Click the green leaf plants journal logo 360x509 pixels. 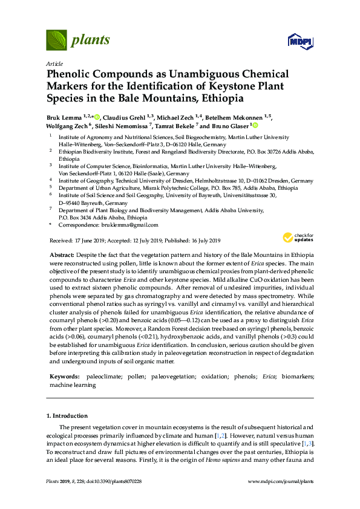point(56,40)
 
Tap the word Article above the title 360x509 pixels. point(54,63)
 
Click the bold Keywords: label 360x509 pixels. point(65,377)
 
